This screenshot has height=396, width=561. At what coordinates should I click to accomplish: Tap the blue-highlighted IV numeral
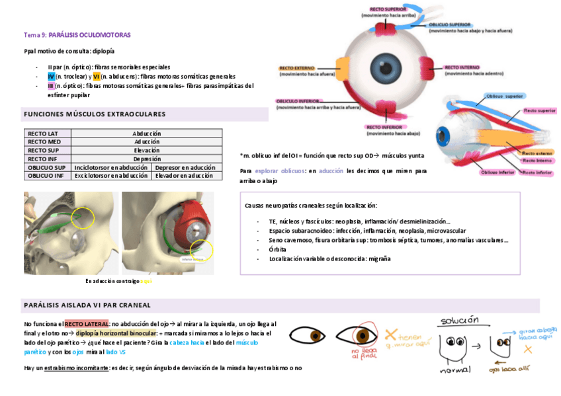[51, 77]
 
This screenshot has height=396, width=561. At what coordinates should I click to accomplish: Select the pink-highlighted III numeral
[51, 86]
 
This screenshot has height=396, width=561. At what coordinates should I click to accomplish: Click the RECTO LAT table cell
[43, 134]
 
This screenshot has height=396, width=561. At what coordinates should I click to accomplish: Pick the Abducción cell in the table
[146, 134]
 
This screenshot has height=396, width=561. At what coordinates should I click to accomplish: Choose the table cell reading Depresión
[146, 159]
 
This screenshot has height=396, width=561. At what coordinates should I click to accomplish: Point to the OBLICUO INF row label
[46, 176]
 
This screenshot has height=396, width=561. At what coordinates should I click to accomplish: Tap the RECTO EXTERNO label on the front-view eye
[296, 67]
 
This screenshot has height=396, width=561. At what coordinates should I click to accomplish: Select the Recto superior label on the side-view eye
[539, 111]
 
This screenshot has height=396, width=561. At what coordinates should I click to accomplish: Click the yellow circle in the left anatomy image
[83, 218]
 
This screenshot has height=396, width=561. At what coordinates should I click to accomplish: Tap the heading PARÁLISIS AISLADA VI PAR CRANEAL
[87, 305]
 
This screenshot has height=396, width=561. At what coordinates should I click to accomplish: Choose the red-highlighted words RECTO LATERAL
[87, 324]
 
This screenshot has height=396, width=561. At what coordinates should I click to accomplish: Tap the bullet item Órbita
[277, 249]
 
